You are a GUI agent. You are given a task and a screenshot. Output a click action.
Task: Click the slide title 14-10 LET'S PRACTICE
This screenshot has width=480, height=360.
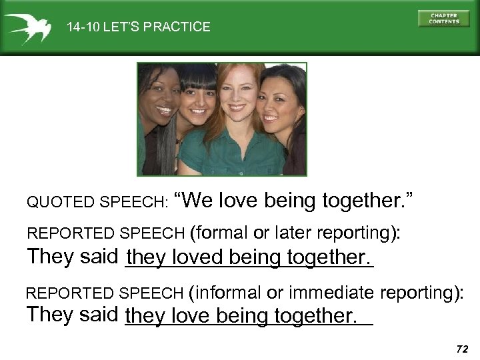[138, 27]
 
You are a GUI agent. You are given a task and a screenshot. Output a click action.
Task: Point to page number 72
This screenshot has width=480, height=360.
[459, 349]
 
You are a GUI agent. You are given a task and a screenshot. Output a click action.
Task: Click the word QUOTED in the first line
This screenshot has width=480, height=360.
[48, 201]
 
